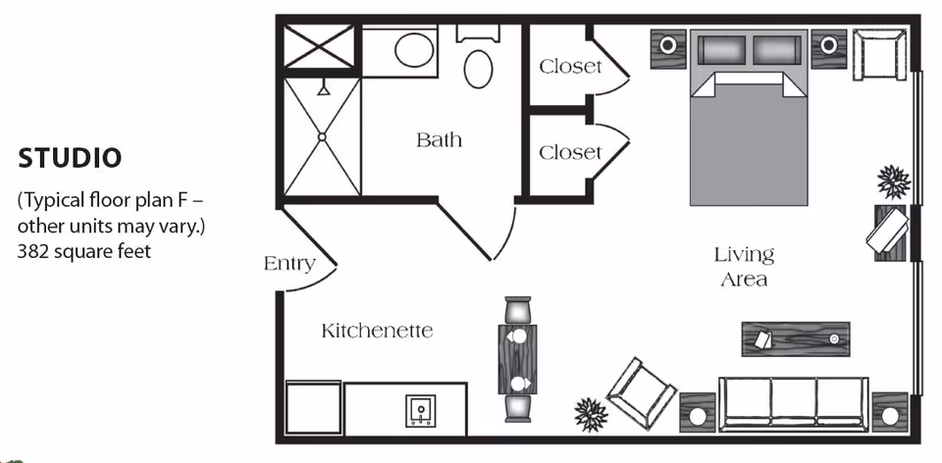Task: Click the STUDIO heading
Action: click(70, 157)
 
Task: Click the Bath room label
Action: click(439, 139)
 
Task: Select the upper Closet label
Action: click(570, 67)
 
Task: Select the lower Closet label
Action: click(570, 152)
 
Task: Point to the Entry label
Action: click(289, 263)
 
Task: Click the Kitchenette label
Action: click(377, 331)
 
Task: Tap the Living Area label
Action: click(743, 267)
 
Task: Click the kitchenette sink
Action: click(422, 409)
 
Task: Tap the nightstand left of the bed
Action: click(668, 47)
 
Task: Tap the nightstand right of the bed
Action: click(828, 47)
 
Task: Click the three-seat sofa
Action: click(794, 403)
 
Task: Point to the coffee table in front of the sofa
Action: click(794, 338)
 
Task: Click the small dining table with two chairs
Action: click(517, 359)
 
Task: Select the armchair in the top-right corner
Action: click(878, 56)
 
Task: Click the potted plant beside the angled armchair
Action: click(591, 411)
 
